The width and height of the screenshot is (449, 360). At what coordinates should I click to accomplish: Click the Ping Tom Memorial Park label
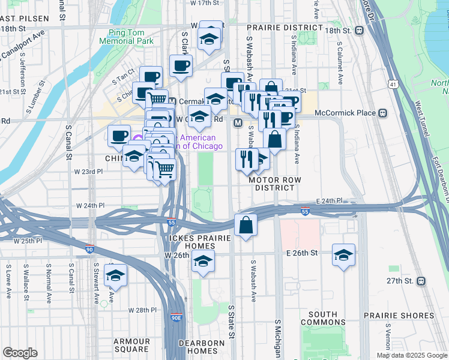[131, 37]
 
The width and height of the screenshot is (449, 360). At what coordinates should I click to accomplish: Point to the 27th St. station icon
[421, 281]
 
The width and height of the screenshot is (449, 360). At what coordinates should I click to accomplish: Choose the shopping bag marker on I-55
[246, 226]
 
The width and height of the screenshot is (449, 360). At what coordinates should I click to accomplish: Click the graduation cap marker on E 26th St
[343, 254]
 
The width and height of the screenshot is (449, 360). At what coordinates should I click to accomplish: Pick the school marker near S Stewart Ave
[115, 275]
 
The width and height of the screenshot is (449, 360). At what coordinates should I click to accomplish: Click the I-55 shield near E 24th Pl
[305, 211]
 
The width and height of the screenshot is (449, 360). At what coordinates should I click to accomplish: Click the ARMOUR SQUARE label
[131, 345]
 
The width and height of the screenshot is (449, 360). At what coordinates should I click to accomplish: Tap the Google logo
[20, 353]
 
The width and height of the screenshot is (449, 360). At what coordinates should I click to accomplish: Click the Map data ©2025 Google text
[411, 355]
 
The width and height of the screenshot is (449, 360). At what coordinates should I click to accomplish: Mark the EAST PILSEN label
[24, 19]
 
